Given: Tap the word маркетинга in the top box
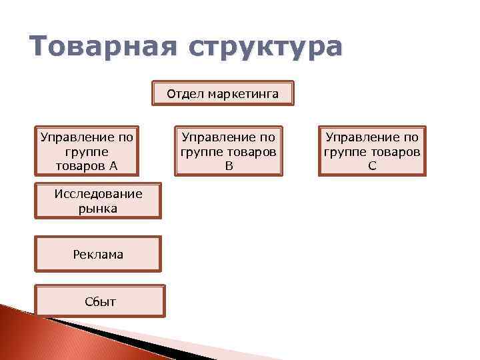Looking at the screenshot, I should click(x=243, y=93).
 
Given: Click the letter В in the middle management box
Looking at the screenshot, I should click(x=229, y=165).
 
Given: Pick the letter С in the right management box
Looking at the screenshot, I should click(x=372, y=165).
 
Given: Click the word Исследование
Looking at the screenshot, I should click(x=98, y=194).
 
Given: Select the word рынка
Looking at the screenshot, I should click(x=98, y=209).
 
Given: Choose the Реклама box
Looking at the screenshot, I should click(x=98, y=254).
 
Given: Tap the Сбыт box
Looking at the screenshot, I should click(x=100, y=301).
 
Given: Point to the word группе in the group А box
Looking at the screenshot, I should click(x=87, y=151).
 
